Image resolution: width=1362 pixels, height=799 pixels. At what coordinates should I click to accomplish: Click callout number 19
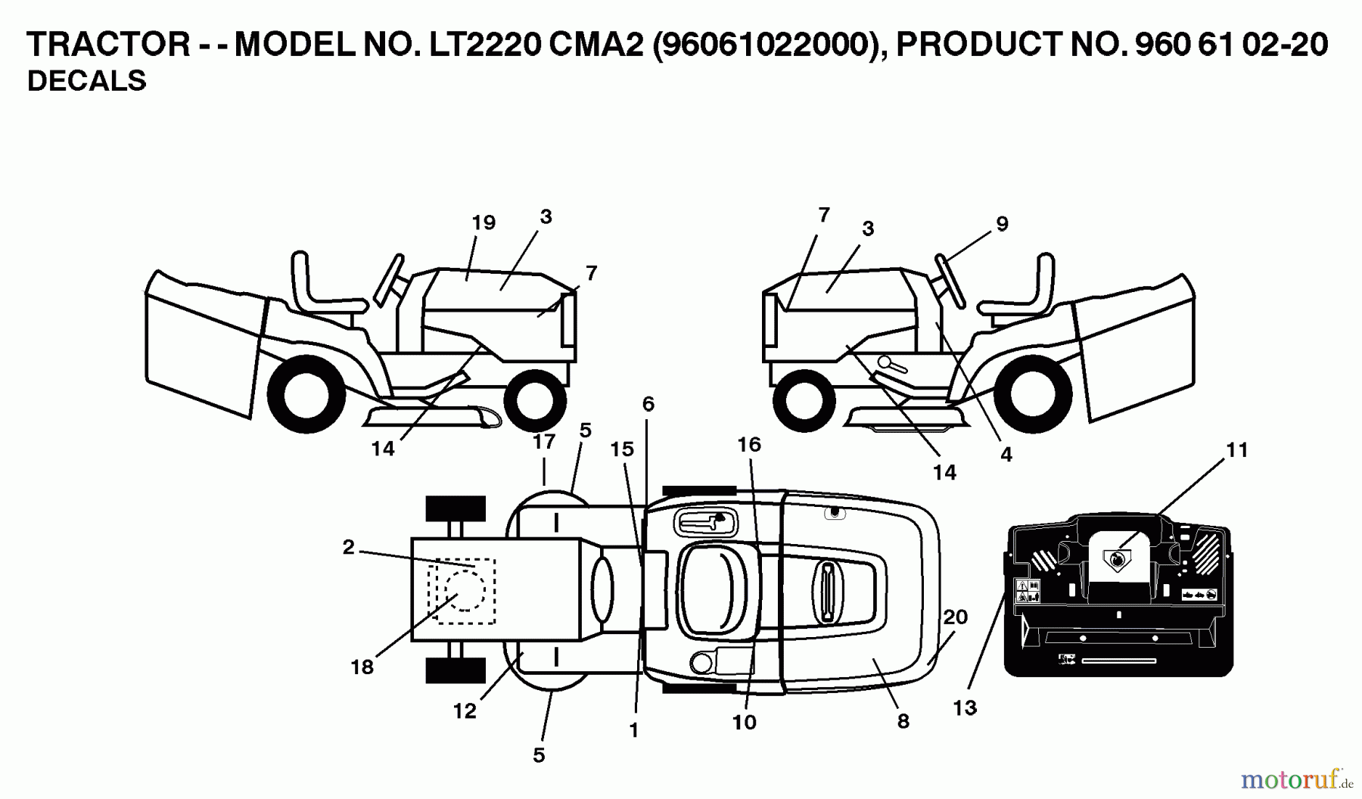483,223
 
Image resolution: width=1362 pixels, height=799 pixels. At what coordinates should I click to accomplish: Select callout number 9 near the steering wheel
1002,224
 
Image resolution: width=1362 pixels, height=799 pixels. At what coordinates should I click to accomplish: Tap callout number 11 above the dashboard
1236,450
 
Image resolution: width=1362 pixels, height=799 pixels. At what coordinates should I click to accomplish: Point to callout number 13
965,708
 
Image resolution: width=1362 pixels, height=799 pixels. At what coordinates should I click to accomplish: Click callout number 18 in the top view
362,667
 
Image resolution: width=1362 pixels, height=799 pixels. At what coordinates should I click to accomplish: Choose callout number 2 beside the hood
348,547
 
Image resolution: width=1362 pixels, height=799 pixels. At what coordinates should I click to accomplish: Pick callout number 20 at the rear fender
956,617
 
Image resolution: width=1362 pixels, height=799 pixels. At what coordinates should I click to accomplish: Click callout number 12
465,711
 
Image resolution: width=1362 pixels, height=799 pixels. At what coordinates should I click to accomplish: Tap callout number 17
544,442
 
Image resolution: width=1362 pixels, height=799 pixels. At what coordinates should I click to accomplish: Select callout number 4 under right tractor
1006,455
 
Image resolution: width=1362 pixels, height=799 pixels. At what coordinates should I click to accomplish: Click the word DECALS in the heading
86,81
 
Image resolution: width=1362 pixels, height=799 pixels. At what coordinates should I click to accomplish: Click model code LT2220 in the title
484,45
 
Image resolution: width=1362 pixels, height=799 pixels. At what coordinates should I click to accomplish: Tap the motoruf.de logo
1295,778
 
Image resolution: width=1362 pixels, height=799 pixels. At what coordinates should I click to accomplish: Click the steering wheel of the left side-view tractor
390,278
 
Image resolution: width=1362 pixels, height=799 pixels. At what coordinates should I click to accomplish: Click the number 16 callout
748,444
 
